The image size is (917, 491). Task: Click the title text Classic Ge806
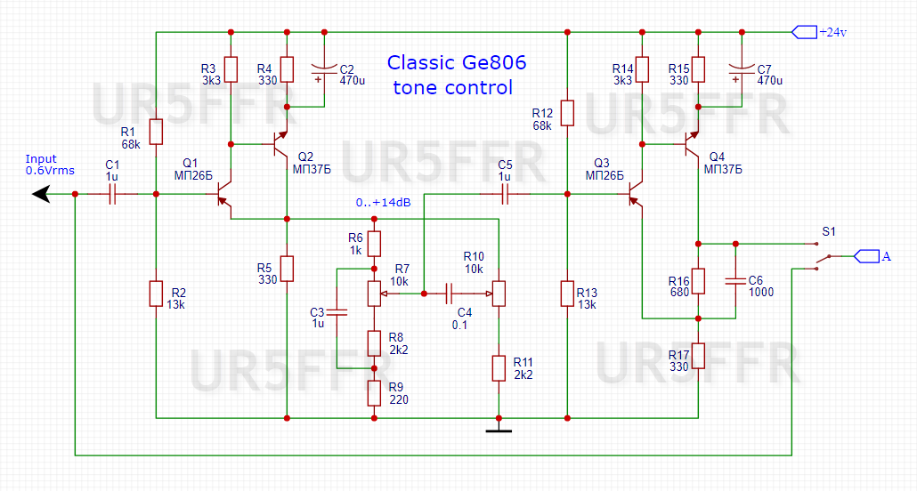point(456,64)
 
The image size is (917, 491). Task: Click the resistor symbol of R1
point(156,132)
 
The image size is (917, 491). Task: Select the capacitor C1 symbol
point(112,195)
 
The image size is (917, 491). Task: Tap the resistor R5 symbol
point(287,268)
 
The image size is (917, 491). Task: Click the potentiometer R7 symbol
point(374,292)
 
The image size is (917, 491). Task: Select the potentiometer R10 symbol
point(499,292)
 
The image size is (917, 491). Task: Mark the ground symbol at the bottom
point(499,431)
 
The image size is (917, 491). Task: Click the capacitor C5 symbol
point(505,194)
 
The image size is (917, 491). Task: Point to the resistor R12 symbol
point(567,113)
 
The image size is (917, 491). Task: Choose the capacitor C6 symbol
point(735,281)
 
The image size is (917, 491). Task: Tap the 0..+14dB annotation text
point(383,203)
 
